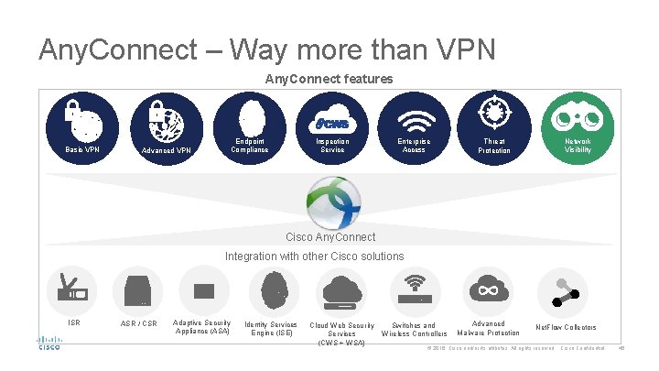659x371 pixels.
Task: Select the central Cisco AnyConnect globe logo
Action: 330,202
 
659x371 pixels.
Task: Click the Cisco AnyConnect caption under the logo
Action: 330,237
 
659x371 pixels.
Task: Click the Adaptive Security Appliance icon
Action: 204,290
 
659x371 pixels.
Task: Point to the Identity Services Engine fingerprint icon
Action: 272,290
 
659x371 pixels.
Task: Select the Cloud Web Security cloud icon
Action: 341,290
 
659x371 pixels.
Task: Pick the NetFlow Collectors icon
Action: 562,290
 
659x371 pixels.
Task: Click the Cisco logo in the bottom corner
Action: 49,344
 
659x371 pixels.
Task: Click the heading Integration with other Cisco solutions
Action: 314,256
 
